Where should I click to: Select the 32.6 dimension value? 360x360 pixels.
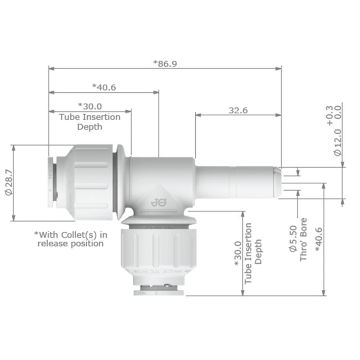pyautogui.click(x=238, y=110)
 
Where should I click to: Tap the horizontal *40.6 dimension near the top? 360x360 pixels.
pyautogui.click(x=104, y=87)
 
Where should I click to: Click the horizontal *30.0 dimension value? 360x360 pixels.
pyautogui.click(x=90, y=107)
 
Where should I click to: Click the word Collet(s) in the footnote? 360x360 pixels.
pyautogui.click(x=85, y=234)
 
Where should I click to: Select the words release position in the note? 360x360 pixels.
pyautogui.click(x=71, y=243)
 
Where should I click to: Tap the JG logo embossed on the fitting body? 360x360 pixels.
pyautogui.click(x=158, y=202)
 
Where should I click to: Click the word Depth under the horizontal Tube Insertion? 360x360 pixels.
pyautogui.click(x=90, y=127)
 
